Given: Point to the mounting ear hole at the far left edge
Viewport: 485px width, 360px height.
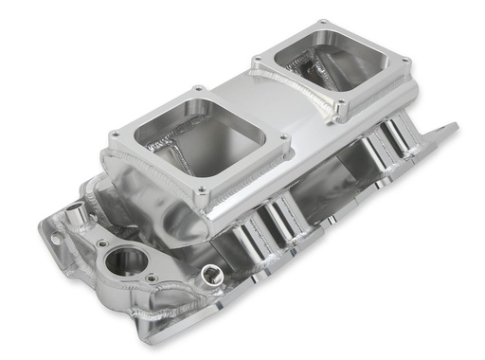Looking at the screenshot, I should [53, 240].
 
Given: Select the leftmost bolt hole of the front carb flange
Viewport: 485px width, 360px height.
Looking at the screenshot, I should [114, 135].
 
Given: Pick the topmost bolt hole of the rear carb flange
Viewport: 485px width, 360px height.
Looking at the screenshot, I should [325, 20].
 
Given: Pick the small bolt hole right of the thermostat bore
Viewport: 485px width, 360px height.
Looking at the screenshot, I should [151, 279].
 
